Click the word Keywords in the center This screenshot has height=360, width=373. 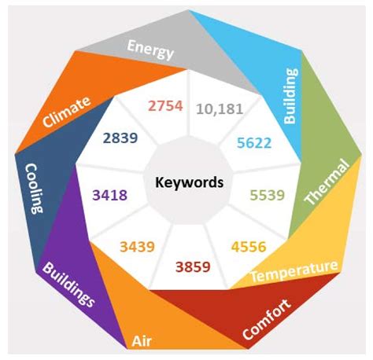pyautogui.click(x=190, y=182)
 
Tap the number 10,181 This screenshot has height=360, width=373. pyautogui.click(x=220, y=109)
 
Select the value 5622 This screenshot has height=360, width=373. pyautogui.click(x=254, y=143)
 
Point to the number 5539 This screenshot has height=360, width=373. pyautogui.click(x=268, y=195)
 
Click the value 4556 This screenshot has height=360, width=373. pyautogui.click(x=249, y=247)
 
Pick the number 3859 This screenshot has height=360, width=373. pyautogui.click(x=193, y=267)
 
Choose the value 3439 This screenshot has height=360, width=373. pyautogui.click(x=137, y=247)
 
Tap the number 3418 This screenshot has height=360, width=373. pyautogui.click(x=110, y=195)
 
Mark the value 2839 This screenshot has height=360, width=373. pyautogui.click(x=120, y=138)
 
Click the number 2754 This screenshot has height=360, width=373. pyautogui.click(x=165, y=106)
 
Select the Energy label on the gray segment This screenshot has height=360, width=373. pyautogui.click(x=150, y=50)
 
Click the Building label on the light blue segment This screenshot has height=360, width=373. pyautogui.click(x=291, y=96)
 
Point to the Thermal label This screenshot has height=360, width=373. pyautogui.click(x=327, y=182)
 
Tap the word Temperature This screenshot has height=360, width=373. pyautogui.click(x=294, y=271)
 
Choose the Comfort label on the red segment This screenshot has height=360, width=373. pyautogui.click(x=267, y=319)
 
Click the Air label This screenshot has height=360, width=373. pyautogui.click(x=142, y=341)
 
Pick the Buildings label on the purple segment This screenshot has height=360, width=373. pyautogui.click(x=68, y=285)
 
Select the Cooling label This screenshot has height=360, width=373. pyautogui.click(x=35, y=189)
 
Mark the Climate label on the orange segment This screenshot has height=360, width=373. pyautogui.click(x=67, y=112)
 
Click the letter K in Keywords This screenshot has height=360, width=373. pyautogui.click(x=160, y=182)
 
